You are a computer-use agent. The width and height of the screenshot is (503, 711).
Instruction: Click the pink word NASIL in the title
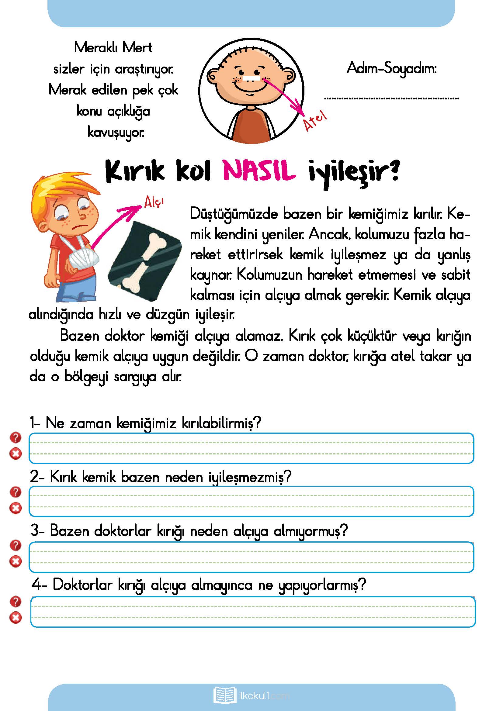click(259, 171)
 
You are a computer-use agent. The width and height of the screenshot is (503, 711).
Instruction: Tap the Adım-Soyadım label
click(391, 68)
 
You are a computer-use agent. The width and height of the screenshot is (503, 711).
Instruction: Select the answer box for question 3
click(251, 557)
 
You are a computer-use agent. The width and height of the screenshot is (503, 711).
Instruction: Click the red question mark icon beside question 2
click(16, 492)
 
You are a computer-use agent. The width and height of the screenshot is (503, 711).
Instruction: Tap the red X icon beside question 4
click(16, 618)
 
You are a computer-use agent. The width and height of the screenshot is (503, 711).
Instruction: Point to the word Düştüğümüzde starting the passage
click(234, 214)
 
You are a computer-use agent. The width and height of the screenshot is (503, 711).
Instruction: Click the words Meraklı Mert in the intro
click(113, 48)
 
